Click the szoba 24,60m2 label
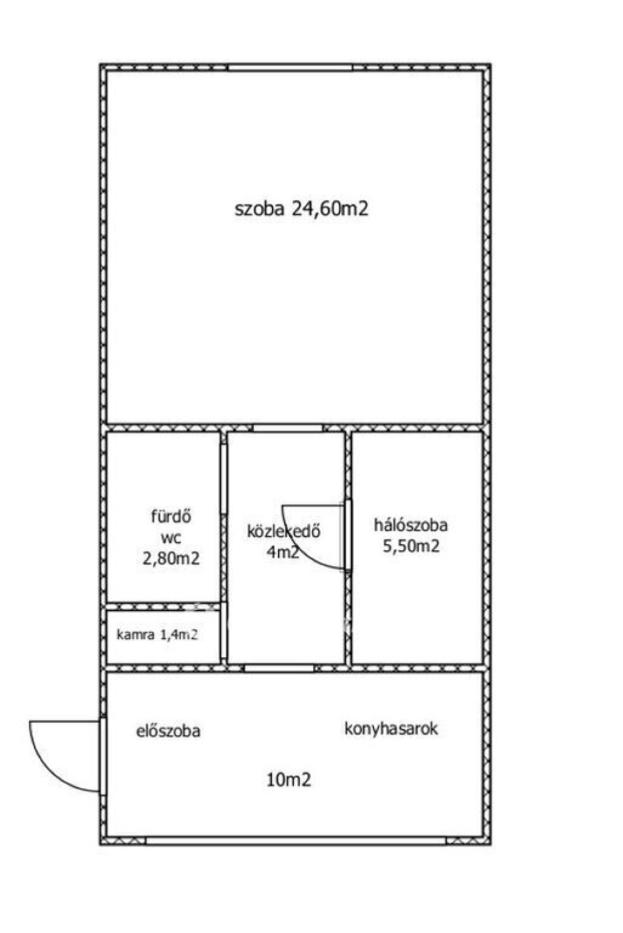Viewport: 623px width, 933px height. [302, 209]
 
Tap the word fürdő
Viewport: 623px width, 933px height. [171, 517]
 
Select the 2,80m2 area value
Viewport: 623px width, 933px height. [171, 559]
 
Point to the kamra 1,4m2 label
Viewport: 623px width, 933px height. [157, 635]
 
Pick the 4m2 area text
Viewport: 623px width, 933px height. [283, 552]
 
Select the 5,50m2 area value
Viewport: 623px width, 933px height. [411, 546]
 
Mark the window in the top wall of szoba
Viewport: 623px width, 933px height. [290, 68]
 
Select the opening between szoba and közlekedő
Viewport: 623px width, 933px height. [288, 428]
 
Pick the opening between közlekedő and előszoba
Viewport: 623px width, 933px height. [279, 668]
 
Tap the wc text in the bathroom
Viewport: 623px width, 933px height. [171, 538]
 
